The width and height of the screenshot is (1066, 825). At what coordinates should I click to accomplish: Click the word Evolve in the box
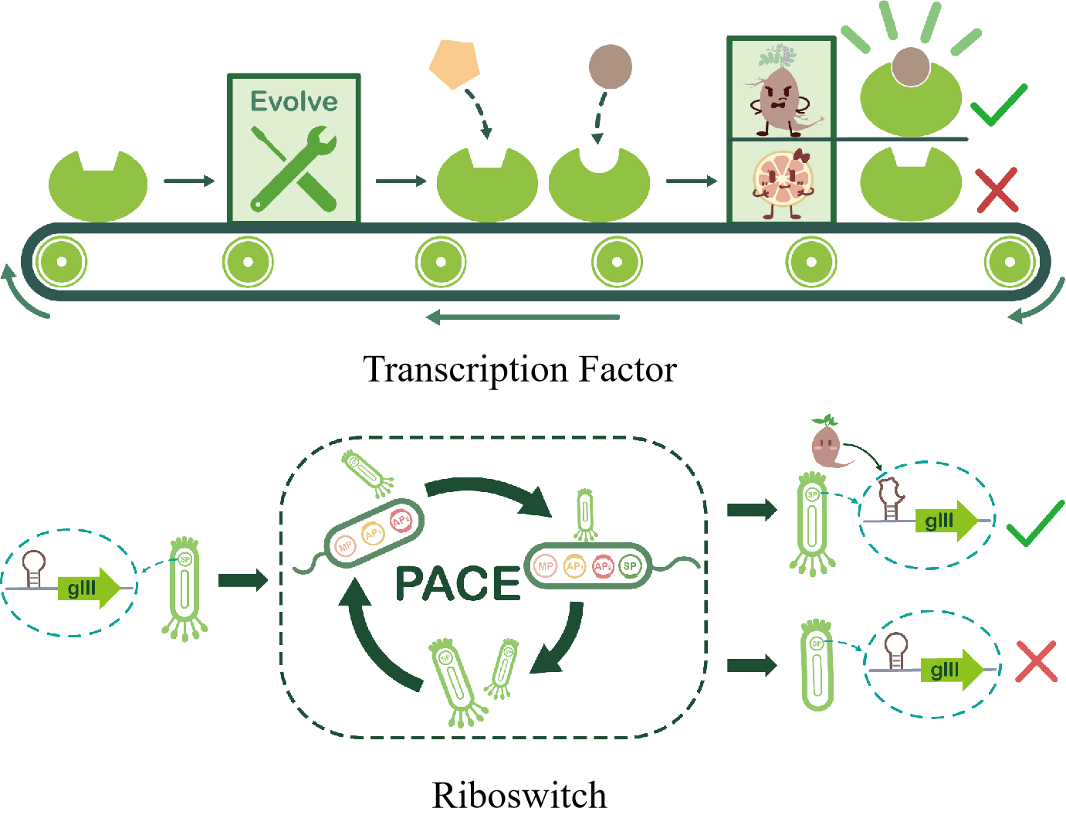coord(294,101)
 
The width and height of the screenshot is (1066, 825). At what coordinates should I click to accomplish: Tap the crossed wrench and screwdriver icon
coord(294,169)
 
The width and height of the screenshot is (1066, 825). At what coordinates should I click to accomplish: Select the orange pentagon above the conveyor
coord(455,65)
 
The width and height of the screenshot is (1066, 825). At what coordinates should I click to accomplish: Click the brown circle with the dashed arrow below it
coord(611,66)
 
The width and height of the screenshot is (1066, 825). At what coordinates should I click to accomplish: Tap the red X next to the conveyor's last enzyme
coord(997,190)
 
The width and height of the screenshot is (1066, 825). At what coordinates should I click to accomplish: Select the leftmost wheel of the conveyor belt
coord(62,262)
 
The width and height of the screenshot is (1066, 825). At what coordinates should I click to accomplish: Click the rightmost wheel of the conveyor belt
coord(1010,262)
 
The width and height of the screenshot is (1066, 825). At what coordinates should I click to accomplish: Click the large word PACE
coord(458,583)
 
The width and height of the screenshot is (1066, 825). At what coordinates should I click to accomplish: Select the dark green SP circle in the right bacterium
coord(631,566)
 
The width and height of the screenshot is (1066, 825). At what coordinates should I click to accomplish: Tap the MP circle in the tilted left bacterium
coord(345,546)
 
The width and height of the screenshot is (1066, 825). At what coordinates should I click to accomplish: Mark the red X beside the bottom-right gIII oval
coord(1037,662)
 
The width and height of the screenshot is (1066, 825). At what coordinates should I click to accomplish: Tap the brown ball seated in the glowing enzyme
coord(911,66)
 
